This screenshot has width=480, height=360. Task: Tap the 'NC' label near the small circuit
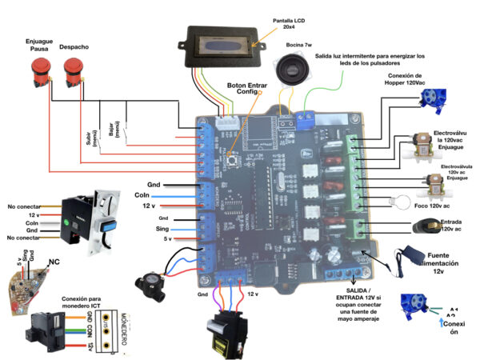point(54,262)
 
